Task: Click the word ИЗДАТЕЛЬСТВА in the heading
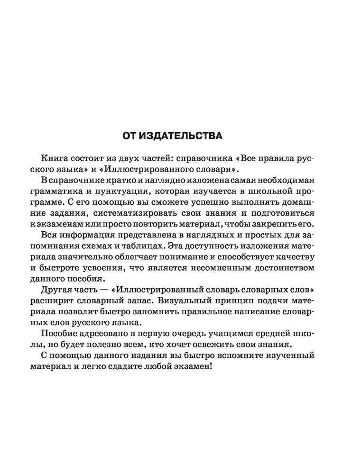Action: click(186, 137)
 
